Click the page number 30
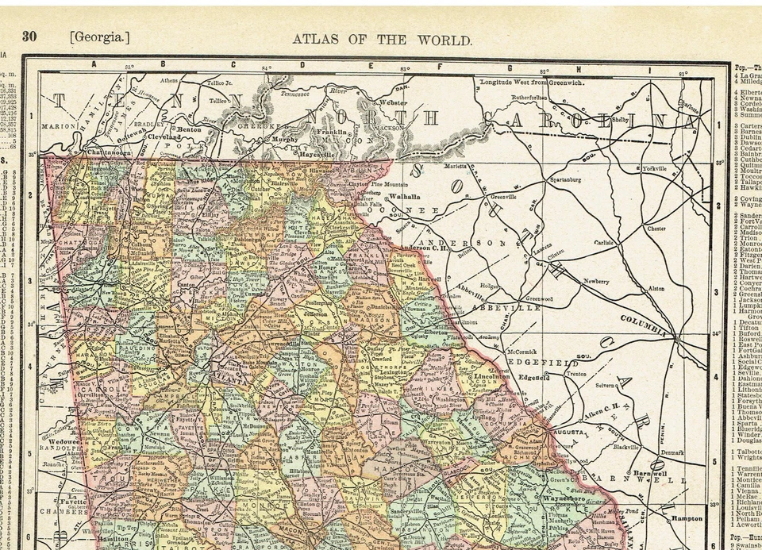coord(29,36)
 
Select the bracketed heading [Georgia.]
coord(99,37)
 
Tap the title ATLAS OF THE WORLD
coord(382,39)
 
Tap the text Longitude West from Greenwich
coord(532,82)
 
